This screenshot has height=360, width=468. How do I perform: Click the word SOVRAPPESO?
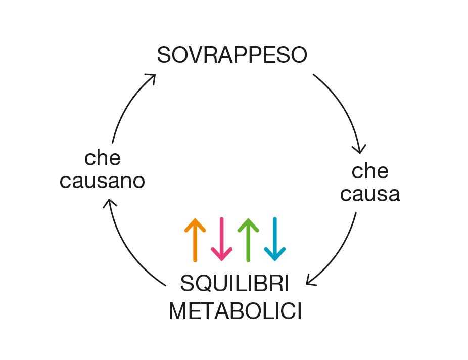[x=232, y=55]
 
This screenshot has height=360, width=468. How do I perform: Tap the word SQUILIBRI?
[x=235, y=284]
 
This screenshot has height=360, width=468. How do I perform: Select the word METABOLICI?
[x=235, y=311]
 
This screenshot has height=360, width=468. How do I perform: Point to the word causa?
[x=370, y=194]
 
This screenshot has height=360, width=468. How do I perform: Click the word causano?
[x=103, y=181]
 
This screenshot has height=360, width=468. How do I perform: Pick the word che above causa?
[x=370, y=171]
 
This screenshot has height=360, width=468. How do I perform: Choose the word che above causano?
[x=103, y=158]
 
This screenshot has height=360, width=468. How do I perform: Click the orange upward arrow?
[x=195, y=240]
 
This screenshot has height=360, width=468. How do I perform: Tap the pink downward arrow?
[x=221, y=240]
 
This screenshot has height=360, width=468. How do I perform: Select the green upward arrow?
[x=248, y=240]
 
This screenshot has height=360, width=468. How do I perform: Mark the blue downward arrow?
[x=274, y=240]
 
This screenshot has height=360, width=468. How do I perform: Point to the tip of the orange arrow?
[x=195, y=219]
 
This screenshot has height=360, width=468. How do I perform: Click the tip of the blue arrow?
[x=274, y=260]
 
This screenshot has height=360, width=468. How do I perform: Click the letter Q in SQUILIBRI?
[x=202, y=285]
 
